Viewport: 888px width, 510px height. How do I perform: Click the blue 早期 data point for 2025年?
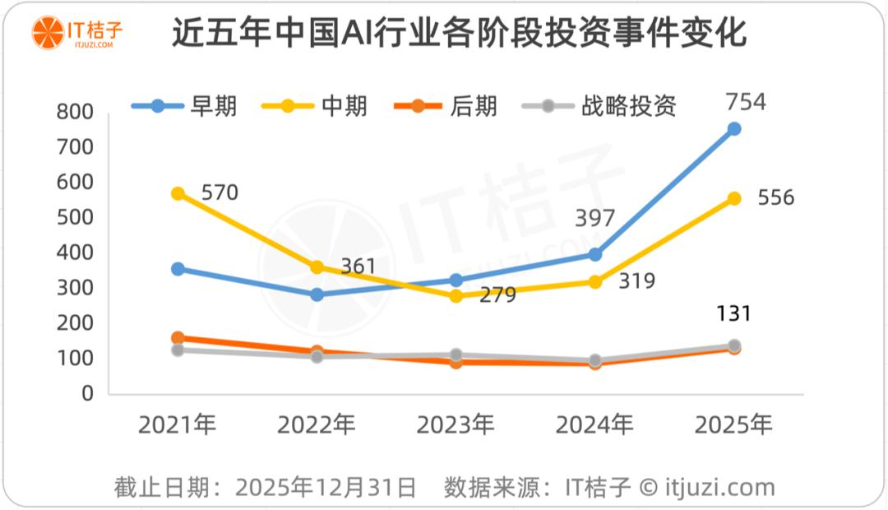[x=733, y=129]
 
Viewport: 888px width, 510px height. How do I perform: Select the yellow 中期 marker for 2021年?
[x=178, y=193]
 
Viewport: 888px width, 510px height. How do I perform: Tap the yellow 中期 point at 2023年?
[x=456, y=296]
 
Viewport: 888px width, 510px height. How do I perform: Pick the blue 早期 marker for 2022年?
[x=317, y=294]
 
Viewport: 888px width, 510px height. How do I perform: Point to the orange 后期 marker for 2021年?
[x=178, y=338]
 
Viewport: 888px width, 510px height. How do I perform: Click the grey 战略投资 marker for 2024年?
[x=594, y=360]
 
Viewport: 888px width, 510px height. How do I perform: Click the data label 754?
[x=746, y=103]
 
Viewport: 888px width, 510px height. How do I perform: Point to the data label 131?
[x=733, y=313]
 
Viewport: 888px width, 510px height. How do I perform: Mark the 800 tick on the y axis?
[x=76, y=113]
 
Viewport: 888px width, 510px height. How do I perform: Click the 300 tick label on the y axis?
[x=76, y=289]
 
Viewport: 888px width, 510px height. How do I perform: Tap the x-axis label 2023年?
[x=456, y=425]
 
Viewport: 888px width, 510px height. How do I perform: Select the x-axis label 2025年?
[x=733, y=425]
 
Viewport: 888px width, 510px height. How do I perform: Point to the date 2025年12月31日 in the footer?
[x=326, y=487]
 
